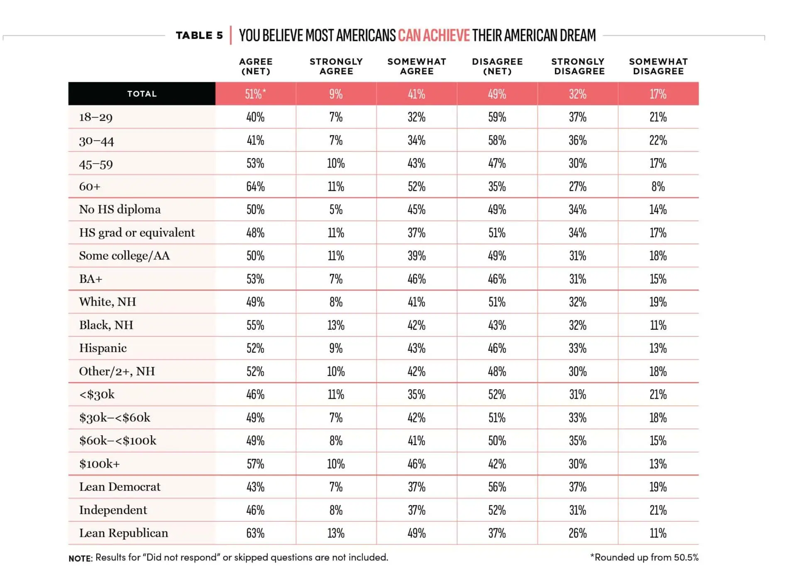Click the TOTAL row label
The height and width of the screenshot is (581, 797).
[x=142, y=94]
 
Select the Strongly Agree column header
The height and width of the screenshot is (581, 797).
[x=336, y=66]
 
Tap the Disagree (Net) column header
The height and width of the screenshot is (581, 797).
[x=497, y=66]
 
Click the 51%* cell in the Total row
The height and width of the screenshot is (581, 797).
[x=255, y=94]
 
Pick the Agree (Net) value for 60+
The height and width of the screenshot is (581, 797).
[x=255, y=186]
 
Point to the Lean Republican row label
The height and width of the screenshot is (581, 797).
[x=124, y=533]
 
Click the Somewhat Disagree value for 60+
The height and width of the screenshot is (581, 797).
[x=658, y=186]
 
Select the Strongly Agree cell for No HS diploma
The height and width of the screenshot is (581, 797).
[x=336, y=209]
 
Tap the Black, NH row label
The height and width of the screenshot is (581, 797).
[x=106, y=325]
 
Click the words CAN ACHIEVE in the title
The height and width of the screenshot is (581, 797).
[x=434, y=35]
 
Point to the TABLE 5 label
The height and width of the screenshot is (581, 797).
[x=199, y=35]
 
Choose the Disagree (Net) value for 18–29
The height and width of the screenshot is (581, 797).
[x=497, y=117]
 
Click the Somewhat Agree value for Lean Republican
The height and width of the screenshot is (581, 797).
[x=416, y=533]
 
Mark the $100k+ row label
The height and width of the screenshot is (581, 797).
[x=99, y=463]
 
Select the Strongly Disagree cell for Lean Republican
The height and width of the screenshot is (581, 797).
[x=577, y=533]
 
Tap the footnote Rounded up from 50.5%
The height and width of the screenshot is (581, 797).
[x=644, y=557]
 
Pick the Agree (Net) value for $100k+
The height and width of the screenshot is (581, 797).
[x=255, y=463]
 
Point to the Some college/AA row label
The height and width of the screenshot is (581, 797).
[x=125, y=255]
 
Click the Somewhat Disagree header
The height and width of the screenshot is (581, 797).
[x=658, y=66]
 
